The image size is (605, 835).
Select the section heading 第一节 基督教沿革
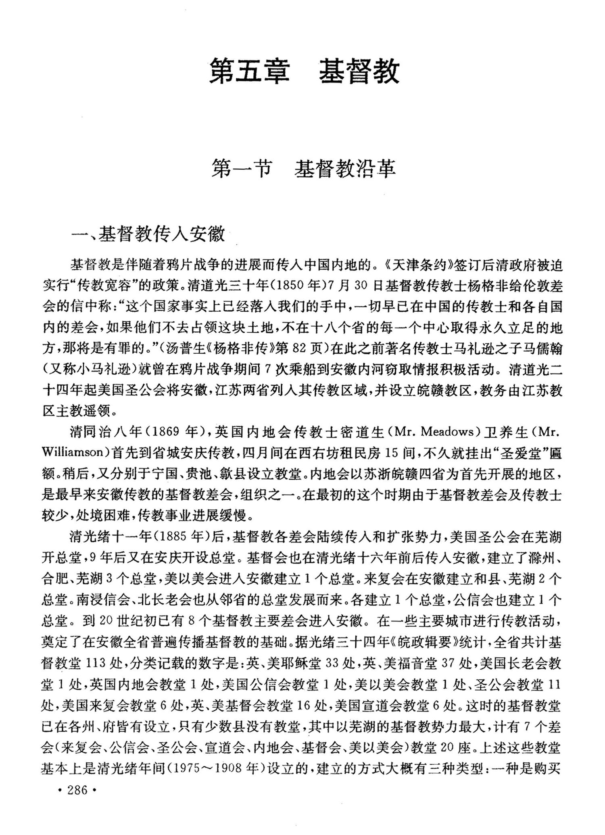pyautogui.click(x=303, y=169)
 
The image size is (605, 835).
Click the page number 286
pyautogui.click(x=77, y=798)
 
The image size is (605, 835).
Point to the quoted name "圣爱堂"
pyautogui.click(x=506, y=453)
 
